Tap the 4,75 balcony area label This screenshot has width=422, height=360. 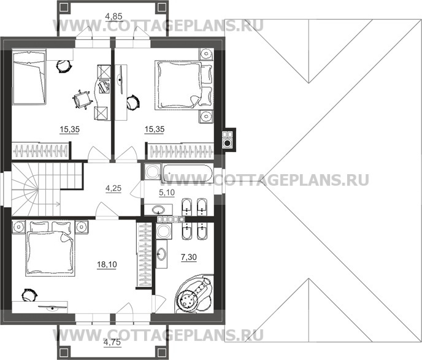pos(111,342)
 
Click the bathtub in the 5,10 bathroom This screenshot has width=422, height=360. pos(178,172)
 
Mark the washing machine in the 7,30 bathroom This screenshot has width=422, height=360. pos(163,232)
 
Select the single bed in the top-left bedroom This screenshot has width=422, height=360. pos(29,78)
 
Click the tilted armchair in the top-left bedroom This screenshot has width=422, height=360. pos(80,99)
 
